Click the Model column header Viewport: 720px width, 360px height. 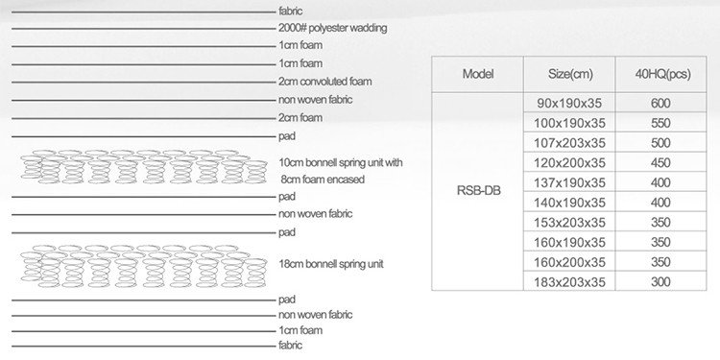click(x=478, y=74)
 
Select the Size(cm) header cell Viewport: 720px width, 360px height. click(x=569, y=74)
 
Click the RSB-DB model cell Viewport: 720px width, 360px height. click(x=478, y=190)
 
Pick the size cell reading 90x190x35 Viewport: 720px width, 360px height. click(x=570, y=103)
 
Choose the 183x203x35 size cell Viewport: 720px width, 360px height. click(x=570, y=281)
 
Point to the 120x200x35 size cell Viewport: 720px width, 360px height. click(x=570, y=162)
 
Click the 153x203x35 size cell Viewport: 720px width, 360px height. click(x=570, y=222)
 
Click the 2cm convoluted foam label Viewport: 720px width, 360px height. click(x=324, y=83)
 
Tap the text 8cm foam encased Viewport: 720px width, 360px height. click(x=323, y=180)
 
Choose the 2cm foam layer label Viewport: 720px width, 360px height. click(x=300, y=118)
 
